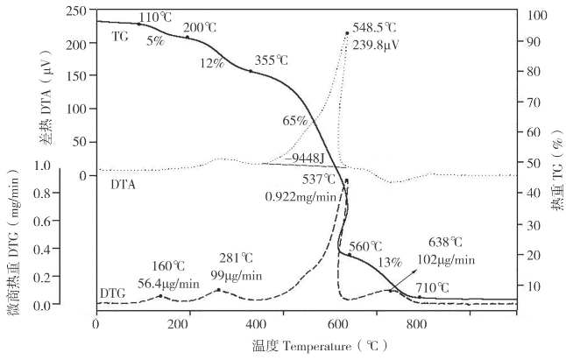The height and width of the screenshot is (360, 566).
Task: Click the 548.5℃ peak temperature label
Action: [381, 28]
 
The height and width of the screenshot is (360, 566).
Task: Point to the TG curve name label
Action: [121, 37]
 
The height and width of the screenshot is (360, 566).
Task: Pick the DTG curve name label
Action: [113, 290]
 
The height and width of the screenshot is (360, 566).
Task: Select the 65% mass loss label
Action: [295, 121]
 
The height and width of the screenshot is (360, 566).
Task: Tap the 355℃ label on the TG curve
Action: [271, 61]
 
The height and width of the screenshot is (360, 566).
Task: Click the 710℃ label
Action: [432, 287]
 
